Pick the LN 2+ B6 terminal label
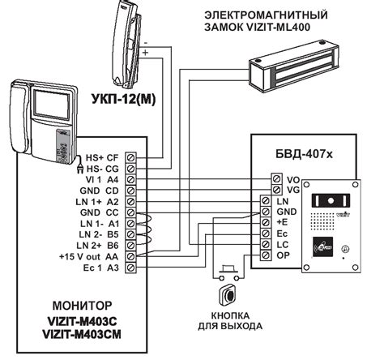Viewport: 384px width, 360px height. tap(101, 245)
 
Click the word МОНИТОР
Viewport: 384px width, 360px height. tap(77, 308)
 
